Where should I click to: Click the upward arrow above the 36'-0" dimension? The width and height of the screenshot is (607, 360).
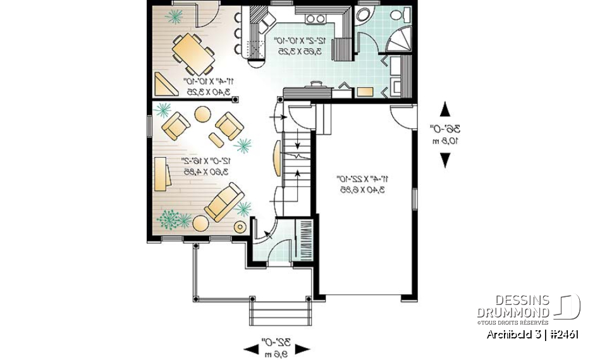(x=446, y=109)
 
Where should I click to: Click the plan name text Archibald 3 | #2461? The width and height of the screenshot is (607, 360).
(x=532, y=335)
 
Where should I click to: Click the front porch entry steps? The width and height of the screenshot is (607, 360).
(x=280, y=313)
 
